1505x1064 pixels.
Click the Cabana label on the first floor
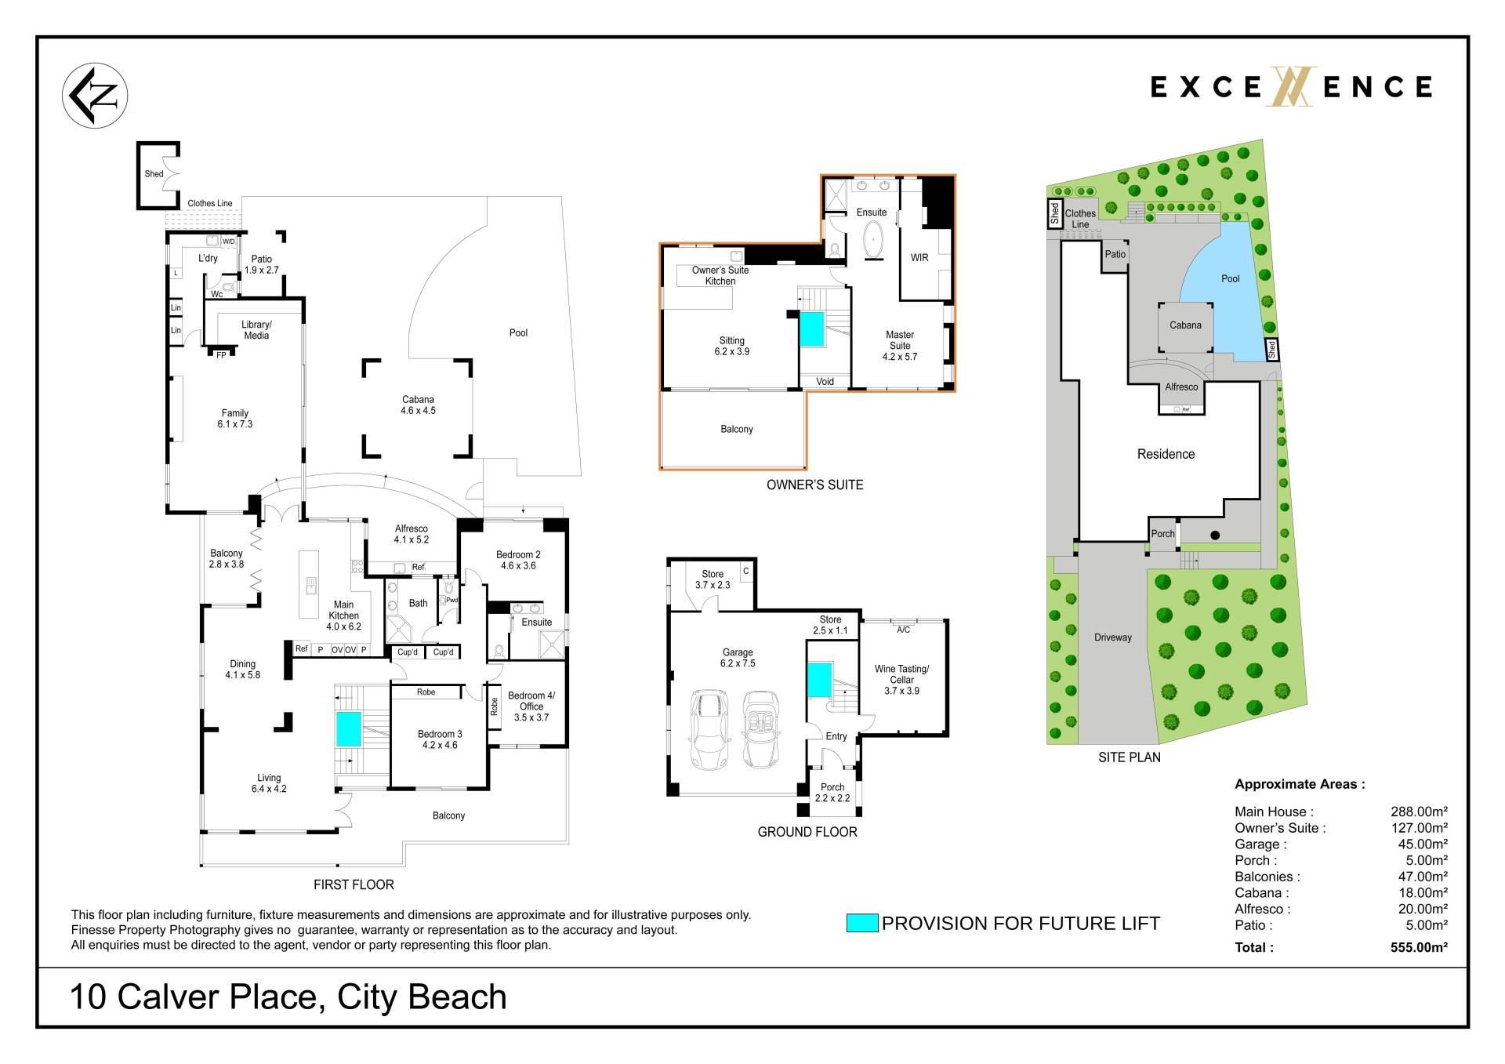tap(418, 405)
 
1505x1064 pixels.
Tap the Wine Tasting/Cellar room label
tap(901, 680)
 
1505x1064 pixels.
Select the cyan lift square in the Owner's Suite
tap(812, 329)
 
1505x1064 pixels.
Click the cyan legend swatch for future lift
tap(861, 923)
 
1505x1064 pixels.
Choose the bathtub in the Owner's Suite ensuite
tap(872, 241)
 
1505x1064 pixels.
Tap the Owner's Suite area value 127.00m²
tap(1419, 828)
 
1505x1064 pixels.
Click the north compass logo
tap(95, 96)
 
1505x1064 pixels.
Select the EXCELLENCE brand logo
tap(1291, 86)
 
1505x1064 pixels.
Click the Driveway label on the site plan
tap(1113, 637)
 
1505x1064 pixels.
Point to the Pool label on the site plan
tap(1231, 278)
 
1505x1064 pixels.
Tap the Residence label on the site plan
tap(1166, 454)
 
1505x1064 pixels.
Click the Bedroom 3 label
tap(440, 739)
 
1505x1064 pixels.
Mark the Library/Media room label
tap(256, 330)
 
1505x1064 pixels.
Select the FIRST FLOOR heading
tap(354, 884)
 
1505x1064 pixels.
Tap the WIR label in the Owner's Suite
tap(919, 257)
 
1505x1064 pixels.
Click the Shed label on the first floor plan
tap(154, 174)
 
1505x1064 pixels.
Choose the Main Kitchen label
tap(343, 616)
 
